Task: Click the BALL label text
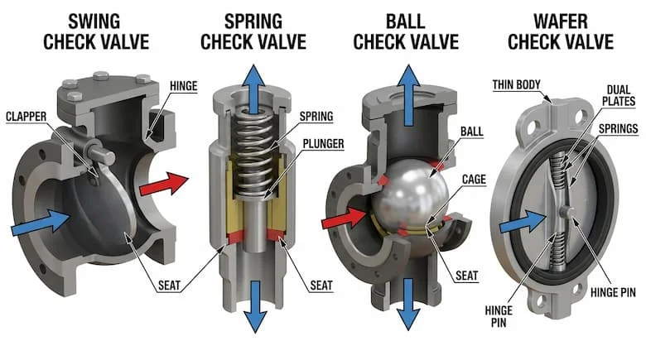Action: [469, 131]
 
